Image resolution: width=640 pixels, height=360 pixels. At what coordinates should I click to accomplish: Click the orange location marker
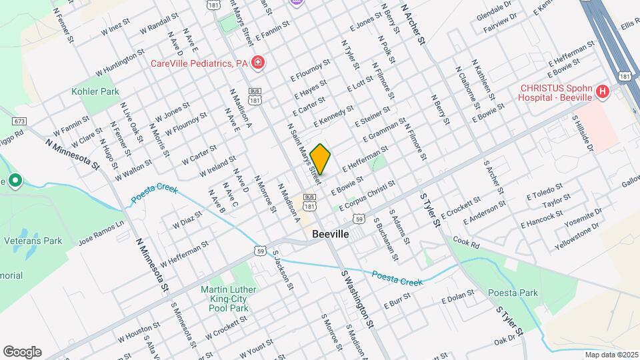click(x=321, y=159)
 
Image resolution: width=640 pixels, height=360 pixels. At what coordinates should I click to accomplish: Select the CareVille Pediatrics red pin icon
click(x=257, y=63)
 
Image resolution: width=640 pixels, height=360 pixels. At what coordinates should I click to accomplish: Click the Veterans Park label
click(x=33, y=240)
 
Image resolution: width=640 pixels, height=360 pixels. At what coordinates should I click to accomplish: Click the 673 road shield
click(x=19, y=121)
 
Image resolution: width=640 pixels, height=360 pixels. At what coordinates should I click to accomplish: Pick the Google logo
click(x=21, y=351)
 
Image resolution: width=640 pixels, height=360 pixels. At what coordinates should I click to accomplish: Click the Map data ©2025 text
click(x=611, y=355)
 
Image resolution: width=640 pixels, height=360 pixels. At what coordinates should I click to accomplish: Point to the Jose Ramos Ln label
click(x=101, y=231)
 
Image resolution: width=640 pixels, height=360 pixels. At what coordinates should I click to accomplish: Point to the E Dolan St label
click(x=457, y=297)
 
